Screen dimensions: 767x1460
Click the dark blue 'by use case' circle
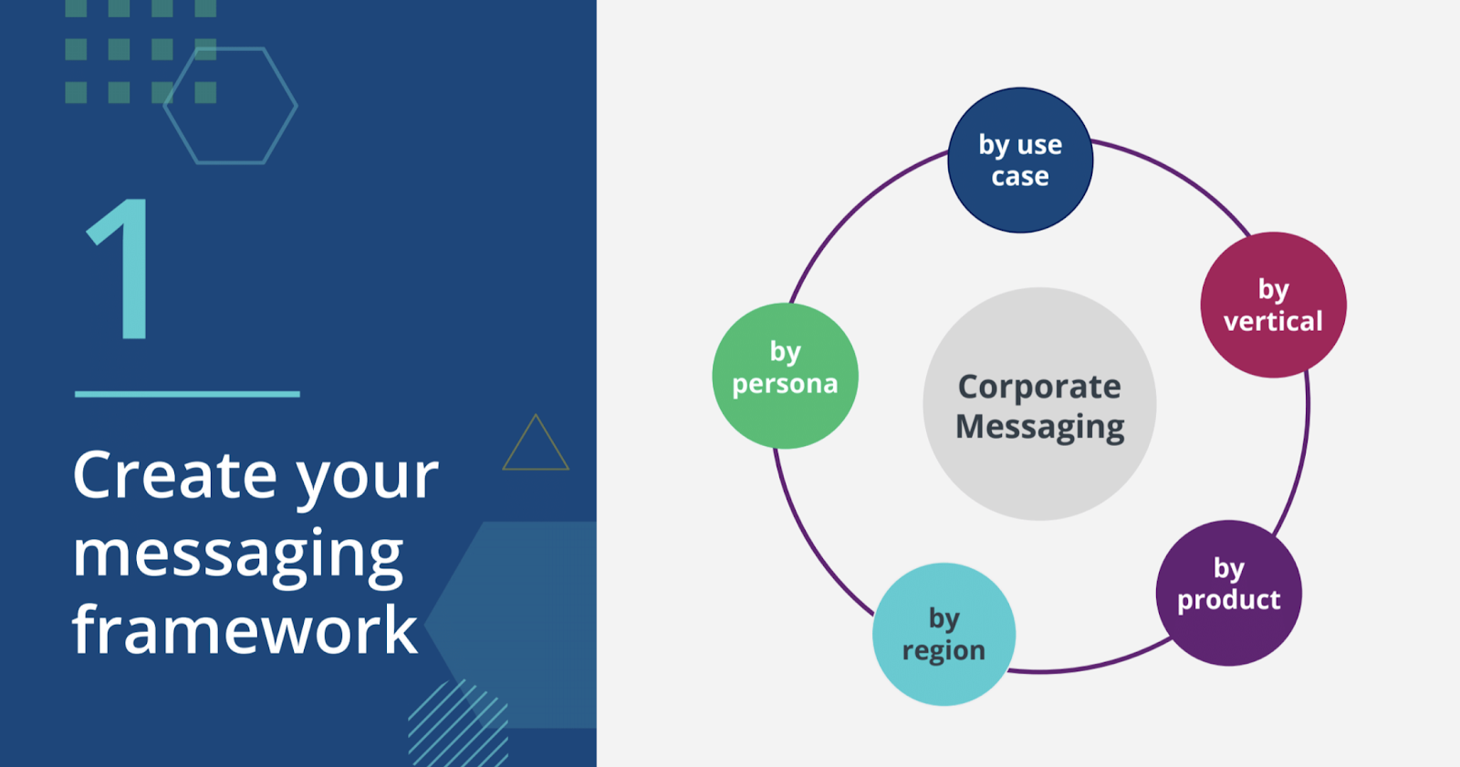click(x=1020, y=161)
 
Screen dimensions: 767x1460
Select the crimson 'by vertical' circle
click(x=1273, y=305)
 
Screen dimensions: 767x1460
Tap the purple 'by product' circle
click(x=1228, y=592)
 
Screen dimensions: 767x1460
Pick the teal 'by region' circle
click(x=944, y=634)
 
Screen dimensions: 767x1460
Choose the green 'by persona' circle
click(x=785, y=376)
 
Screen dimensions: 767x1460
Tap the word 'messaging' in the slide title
click(x=237, y=554)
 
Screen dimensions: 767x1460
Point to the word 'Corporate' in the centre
click(x=1039, y=387)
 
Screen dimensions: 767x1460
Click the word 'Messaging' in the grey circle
click(x=1039, y=427)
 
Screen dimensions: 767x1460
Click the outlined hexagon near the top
click(x=230, y=106)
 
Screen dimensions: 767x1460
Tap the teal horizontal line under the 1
click(x=187, y=394)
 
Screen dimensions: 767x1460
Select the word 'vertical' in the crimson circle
click(x=1273, y=321)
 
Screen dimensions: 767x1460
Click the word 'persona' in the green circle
click(x=785, y=384)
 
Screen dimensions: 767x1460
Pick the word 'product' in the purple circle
click(x=1228, y=600)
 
